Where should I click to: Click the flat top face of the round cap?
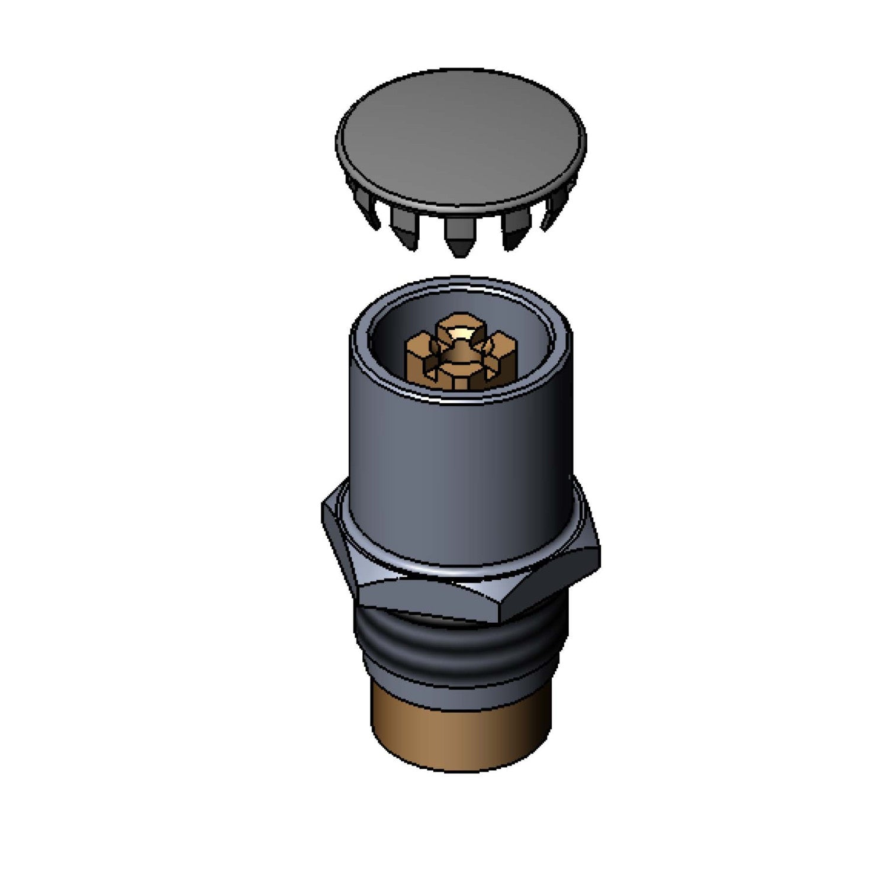click(x=461, y=139)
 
